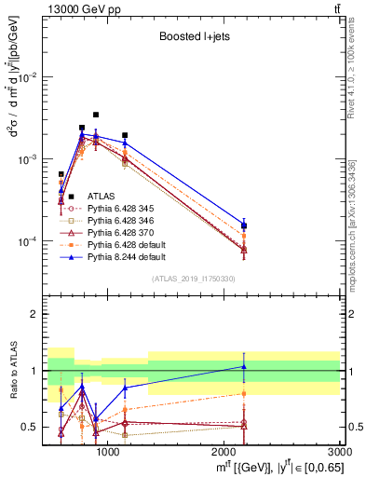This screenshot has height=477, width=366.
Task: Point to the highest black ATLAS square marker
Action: pyautogui.click(x=96, y=115)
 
